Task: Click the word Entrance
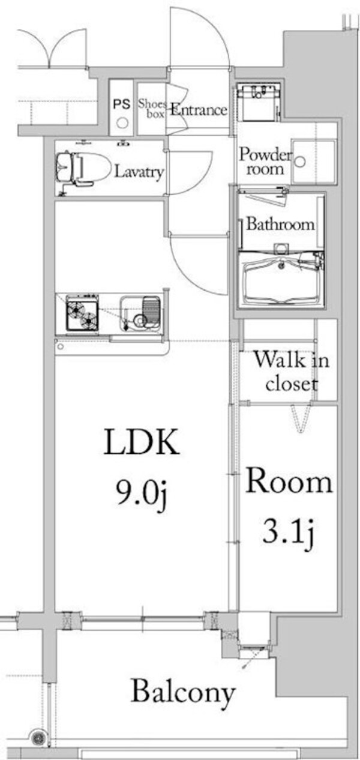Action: click(199, 110)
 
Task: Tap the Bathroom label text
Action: click(280, 225)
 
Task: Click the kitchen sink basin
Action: click(140, 313)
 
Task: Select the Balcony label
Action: click(183, 692)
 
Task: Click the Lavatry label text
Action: click(139, 172)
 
